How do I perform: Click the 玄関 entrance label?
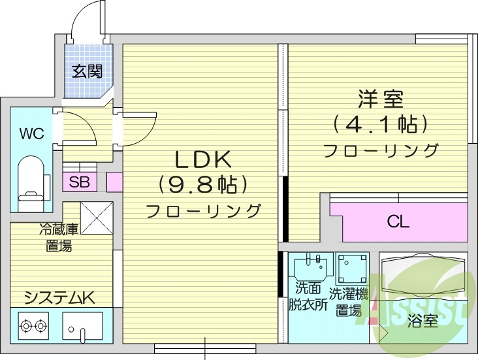[88, 71]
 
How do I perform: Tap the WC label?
[31, 134]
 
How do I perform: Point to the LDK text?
[202, 159]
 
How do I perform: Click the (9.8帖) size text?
[202, 185]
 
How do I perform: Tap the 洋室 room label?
[380, 99]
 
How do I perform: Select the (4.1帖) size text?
[380, 123]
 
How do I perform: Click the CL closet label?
[398, 222]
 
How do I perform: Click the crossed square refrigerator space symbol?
[97, 218]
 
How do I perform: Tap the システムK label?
[59, 299]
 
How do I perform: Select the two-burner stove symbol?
[34, 324]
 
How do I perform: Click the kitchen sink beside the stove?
[82, 326]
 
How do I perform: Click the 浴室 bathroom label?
[422, 321]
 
